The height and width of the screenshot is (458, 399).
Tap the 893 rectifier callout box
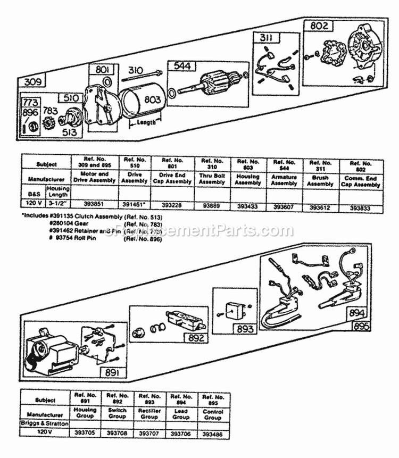click(x=245, y=329)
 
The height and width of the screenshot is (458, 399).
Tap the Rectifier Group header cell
click(x=149, y=414)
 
